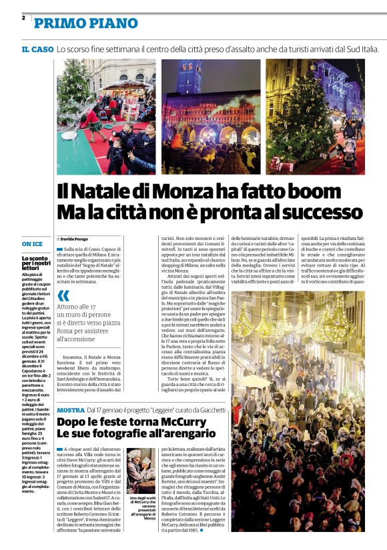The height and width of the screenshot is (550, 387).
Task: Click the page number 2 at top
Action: tap(23, 18)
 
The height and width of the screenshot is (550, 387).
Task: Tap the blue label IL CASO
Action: tap(37, 49)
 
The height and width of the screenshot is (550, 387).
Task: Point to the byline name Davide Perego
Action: tap(75, 239)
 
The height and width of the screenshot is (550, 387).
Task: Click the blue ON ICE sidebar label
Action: tap(32, 244)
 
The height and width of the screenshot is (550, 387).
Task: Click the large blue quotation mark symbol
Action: tap(63, 295)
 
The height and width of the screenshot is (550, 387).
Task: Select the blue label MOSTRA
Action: tap(71, 409)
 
